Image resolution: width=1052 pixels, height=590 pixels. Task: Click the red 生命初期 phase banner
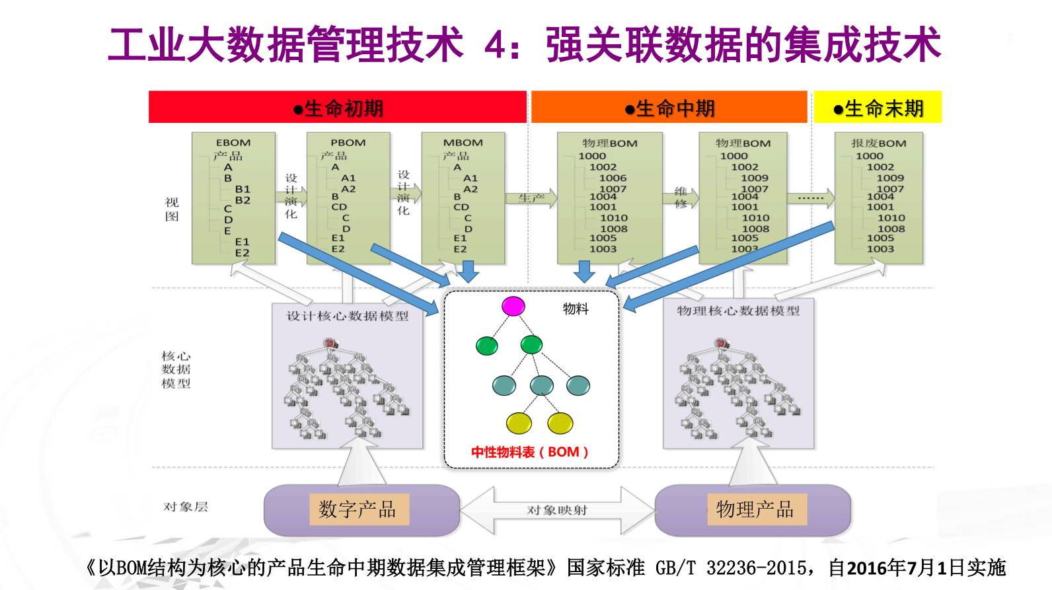click(338, 108)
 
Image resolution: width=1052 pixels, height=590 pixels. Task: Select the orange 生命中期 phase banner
click(669, 108)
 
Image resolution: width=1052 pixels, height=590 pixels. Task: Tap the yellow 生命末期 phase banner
click(878, 108)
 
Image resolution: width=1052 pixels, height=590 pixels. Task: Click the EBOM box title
click(233, 143)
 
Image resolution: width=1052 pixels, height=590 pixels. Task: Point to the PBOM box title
click(348, 143)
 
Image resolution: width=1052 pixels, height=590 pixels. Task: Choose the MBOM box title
click(463, 143)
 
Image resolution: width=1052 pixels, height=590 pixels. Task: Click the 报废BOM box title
click(878, 143)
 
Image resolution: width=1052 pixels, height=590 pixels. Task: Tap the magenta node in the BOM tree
click(513, 307)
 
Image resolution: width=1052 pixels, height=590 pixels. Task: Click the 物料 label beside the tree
click(576, 309)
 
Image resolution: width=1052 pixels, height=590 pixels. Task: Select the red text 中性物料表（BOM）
click(529, 453)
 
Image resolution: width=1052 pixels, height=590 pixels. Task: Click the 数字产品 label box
click(357, 509)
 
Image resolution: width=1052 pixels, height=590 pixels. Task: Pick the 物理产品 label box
click(755, 509)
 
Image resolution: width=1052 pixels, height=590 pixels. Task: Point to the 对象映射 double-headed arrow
click(557, 510)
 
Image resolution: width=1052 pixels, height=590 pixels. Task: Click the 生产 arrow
click(531, 198)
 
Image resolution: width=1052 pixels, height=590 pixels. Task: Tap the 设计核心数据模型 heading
click(347, 316)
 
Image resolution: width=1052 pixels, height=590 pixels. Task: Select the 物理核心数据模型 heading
click(738, 311)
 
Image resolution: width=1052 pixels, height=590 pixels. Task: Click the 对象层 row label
click(185, 507)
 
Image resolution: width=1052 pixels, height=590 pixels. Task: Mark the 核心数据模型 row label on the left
click(176, 369)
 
